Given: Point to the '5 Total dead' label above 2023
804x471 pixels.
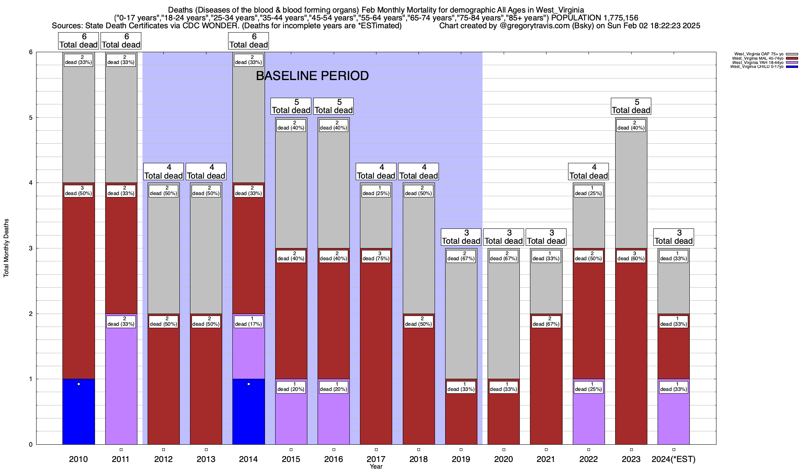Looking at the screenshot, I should (631, 106).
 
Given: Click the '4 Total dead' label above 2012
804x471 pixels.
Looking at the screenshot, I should (163, 172).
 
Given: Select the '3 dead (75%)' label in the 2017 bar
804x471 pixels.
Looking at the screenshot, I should (376, 256).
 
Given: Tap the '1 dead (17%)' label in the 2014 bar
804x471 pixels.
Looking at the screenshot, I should (249, 321).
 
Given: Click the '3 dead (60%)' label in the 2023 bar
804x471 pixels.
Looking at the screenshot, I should (631, 256).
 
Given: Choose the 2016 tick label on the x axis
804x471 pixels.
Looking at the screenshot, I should (334, 459).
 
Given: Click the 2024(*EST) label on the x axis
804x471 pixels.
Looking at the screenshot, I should (674, 459).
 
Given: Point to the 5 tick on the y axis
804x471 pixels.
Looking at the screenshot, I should (30, 118).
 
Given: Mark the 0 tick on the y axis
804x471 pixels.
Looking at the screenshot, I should (30, 445).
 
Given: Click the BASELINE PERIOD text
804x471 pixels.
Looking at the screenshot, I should (312, 76).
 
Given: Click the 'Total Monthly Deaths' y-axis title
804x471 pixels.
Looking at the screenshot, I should (6, 248).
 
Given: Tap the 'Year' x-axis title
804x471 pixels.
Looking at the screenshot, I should (376, 467).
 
